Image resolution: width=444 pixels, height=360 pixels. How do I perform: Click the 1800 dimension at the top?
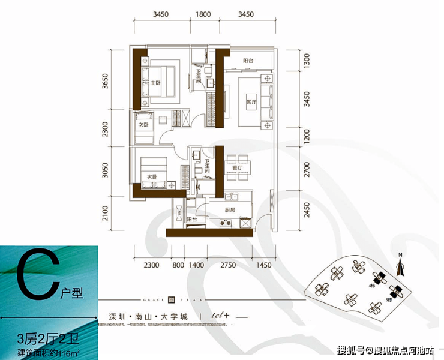pos(203,13)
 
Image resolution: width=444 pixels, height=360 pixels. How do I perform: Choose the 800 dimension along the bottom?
pos(178,265)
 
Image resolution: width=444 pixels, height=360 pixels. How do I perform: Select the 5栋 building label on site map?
pos(389,298)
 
